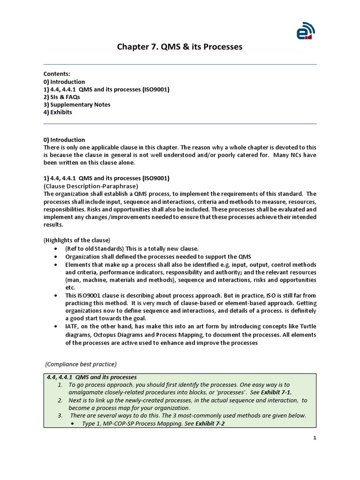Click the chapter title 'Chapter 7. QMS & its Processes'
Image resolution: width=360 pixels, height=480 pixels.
point(180,47)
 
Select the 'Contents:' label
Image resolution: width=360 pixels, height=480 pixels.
point(57,74)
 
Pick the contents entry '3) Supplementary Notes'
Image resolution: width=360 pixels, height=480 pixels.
point(77,105)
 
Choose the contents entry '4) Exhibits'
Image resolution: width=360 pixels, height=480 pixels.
point(58,112)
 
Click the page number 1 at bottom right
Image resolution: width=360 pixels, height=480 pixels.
point(315,438)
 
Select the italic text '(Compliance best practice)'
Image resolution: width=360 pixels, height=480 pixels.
point(81,364)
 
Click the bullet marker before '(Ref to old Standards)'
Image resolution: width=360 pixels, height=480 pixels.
point(56,248)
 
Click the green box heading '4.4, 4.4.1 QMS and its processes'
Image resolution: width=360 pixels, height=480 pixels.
point(91,377)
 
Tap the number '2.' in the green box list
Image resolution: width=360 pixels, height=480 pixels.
point(60,400)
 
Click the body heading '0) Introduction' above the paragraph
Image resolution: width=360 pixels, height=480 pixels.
point(64,140)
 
